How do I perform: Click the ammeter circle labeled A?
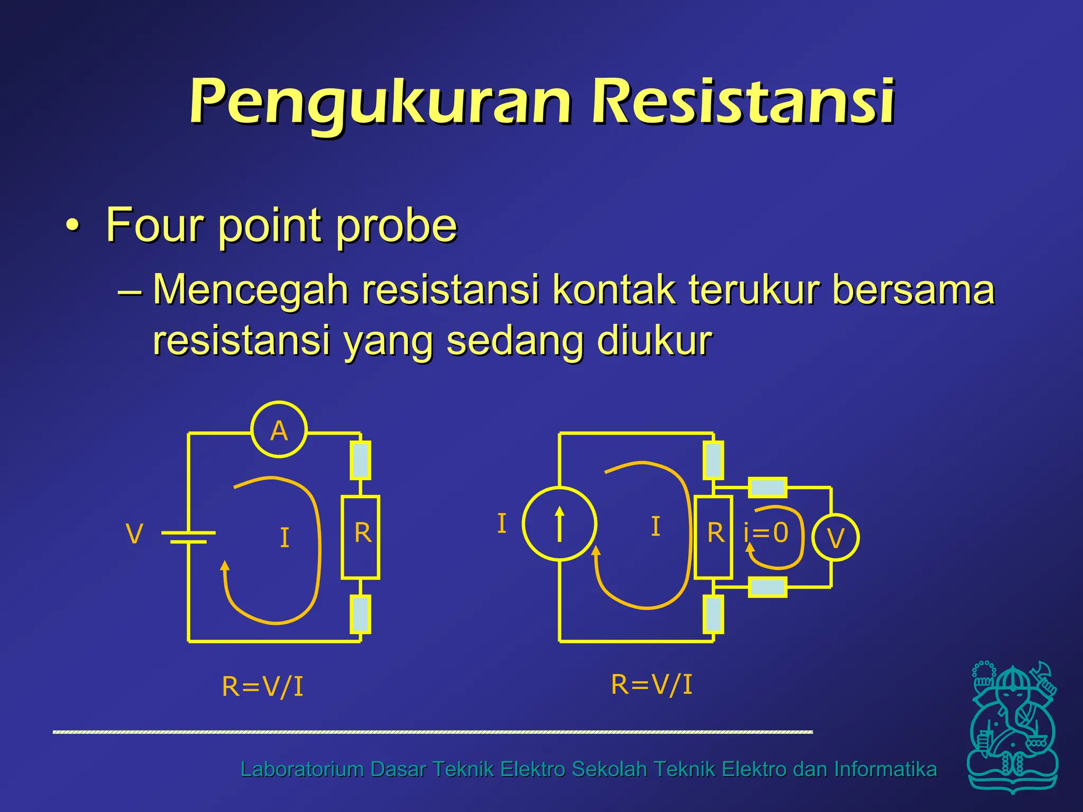279,430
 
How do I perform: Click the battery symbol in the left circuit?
188,537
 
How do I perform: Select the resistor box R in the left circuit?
361,537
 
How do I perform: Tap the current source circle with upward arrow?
559,524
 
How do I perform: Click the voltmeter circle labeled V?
835,538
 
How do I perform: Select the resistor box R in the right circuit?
713,537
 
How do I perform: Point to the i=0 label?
766,533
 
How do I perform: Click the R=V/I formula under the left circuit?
262,687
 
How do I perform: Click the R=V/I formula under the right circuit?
651,684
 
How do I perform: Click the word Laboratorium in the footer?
301,769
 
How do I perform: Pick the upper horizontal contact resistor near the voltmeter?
767,487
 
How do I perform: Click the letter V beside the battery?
134,534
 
